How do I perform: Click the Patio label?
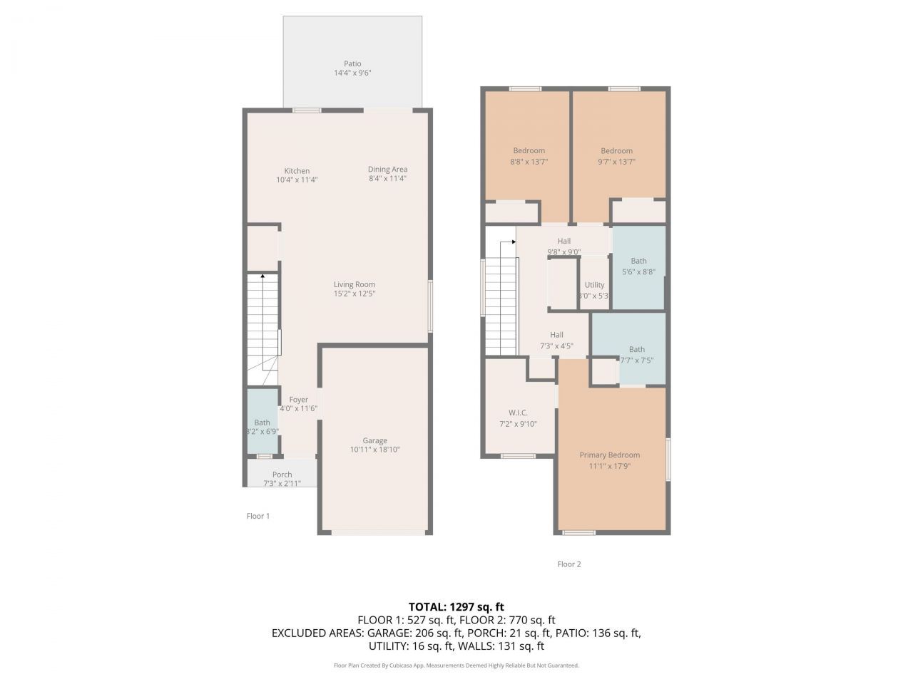[352, 63]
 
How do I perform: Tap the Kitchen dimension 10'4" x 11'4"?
[297, 180]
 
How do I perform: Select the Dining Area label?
[387, 169]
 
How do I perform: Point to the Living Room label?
[354, 284]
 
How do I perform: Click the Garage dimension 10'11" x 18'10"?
[374, 450]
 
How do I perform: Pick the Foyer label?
[298, 400]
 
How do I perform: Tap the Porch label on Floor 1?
[282, 475]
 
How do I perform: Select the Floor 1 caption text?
[258, 516]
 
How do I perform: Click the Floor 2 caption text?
[568, 564]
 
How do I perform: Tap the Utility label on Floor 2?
[594, 284]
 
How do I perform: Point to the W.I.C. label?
[518, 413]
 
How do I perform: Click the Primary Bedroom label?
[609, 455]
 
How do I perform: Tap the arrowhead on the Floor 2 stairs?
[514, 242]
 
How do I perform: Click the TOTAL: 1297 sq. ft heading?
[456, 607]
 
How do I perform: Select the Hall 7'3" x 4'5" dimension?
[556, 346]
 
